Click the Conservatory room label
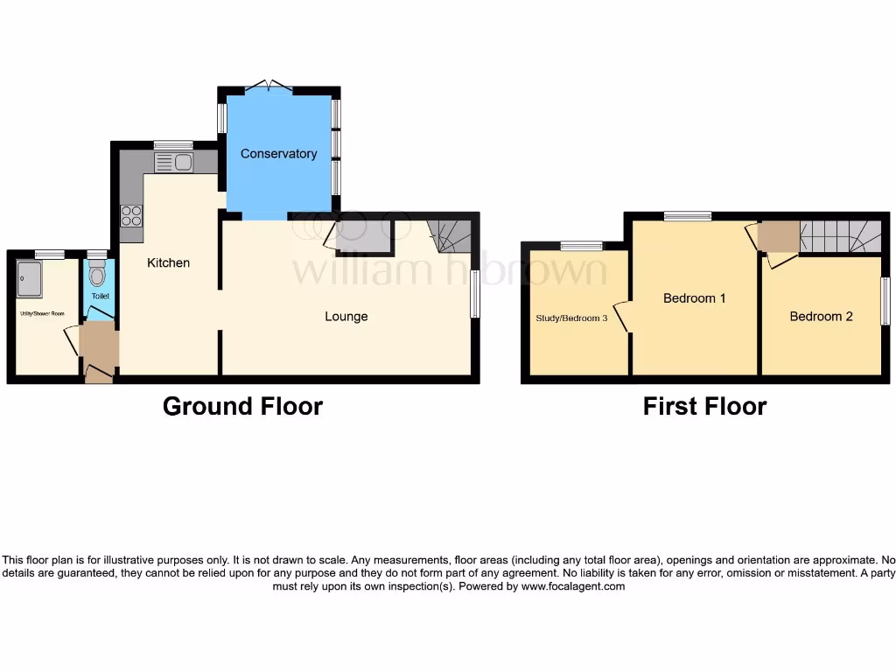click(278, 154)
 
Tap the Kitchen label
click(168, 262)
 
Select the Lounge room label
click(346, 317)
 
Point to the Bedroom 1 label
click(695, 298)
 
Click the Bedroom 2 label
click(821, 317)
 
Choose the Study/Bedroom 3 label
click(571, 318)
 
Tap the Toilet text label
click(101, 297)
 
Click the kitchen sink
click(173, 162)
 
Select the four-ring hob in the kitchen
click(131, 215)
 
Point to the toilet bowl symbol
click(97, 276)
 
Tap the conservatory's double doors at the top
click(269, 86)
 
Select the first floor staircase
click(840, 236)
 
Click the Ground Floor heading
click(242, 407)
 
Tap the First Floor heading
click(704, 407)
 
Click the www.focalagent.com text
click(573, 587)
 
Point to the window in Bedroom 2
click(885, 302)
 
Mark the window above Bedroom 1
click(687, 215)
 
